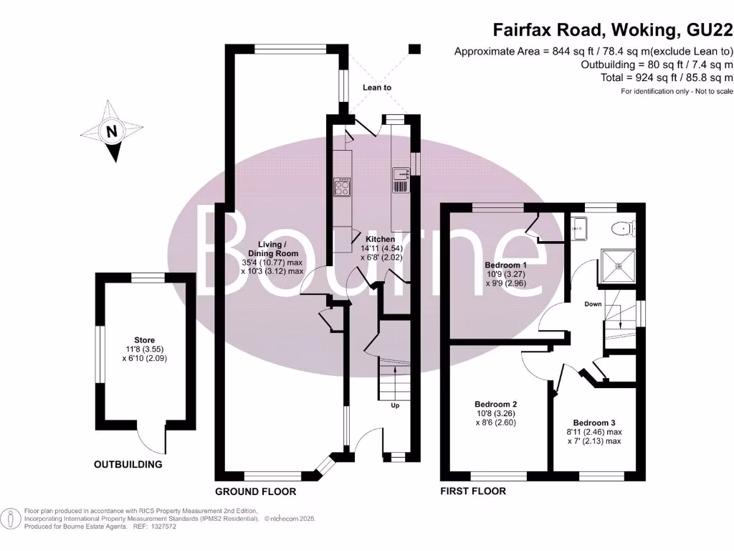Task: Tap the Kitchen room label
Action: click(x=380, y=239)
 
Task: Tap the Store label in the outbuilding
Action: click(x=144, y=340)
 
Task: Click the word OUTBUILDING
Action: click(x=128, y=464)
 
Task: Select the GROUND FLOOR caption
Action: click(x=256, y=491)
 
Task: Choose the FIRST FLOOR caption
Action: click(x=473, y=491)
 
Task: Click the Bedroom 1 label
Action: click(x=505, y=264)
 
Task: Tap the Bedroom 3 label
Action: click(x=592, y=423)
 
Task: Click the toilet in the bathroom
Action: click(x=623, y=229)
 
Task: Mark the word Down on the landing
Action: click(x=593, y=304)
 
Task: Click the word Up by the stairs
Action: click(x=395, y=405)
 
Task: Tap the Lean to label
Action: click(x=377, y=88)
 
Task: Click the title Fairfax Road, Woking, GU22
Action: click(x=613, y=30)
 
